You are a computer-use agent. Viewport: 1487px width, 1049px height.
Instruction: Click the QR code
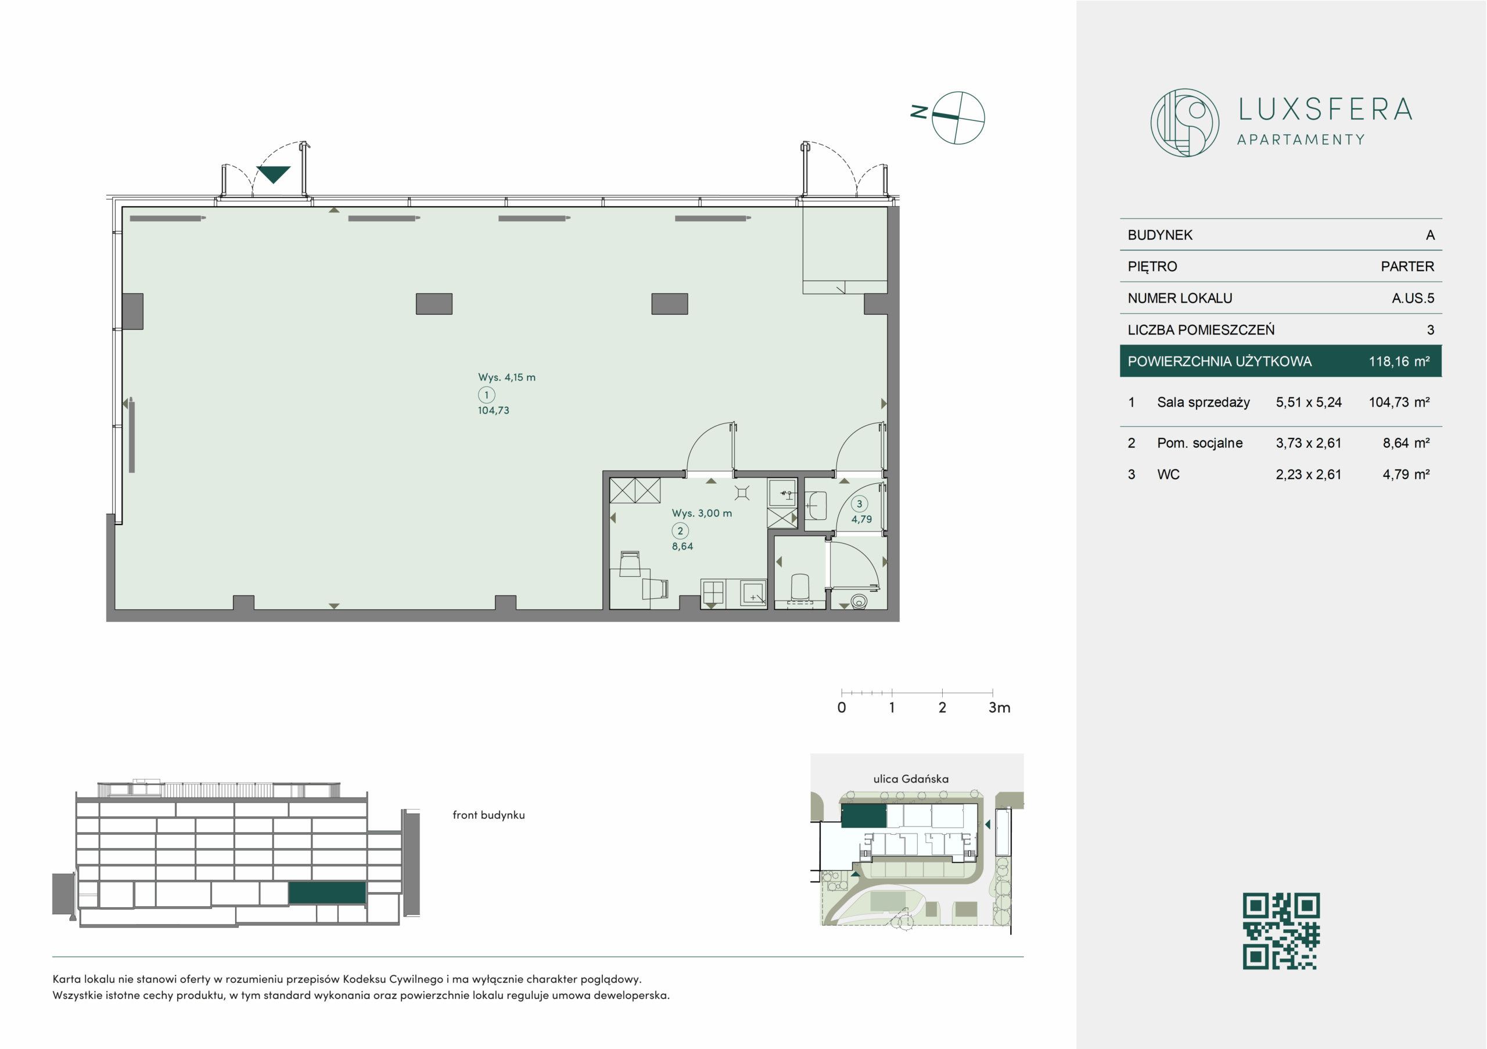point(1281,931)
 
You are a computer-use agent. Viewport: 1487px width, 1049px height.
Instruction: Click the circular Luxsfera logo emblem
point(1184,123)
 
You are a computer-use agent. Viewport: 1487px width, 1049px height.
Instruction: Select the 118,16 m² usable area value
point(1399,361)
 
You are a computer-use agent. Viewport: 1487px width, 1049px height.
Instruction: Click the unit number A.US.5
point(1413,298)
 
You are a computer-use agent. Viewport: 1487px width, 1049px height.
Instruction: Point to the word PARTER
point(1407,266)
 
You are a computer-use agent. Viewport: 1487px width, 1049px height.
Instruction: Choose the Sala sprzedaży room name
point(1204,402)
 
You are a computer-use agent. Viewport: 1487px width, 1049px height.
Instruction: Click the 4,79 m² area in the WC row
point(1406,474)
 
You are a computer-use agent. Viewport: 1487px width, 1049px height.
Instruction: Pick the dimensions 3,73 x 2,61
point(1308,443)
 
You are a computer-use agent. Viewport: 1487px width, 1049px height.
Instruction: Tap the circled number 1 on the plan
point(486,395)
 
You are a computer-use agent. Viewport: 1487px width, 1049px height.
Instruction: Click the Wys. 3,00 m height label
point(702,513)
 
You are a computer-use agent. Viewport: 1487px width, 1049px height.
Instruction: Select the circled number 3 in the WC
point(860,504)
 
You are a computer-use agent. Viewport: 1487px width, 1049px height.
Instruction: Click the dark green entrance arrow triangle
point(274,174)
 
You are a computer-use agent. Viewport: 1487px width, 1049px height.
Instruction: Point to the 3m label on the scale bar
point(999,707)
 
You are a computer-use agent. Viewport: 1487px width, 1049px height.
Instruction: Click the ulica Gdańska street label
point(911,779)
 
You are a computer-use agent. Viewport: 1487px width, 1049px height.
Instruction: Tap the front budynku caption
point(489,816)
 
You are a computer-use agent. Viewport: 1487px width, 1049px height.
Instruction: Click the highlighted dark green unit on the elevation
point(327,892)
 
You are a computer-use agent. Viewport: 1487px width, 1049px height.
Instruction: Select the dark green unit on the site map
point(863,816)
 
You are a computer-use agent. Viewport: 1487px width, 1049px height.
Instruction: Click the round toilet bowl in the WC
point(859,602)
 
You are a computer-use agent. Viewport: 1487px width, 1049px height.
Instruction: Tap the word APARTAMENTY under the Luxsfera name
point(1301,140)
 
